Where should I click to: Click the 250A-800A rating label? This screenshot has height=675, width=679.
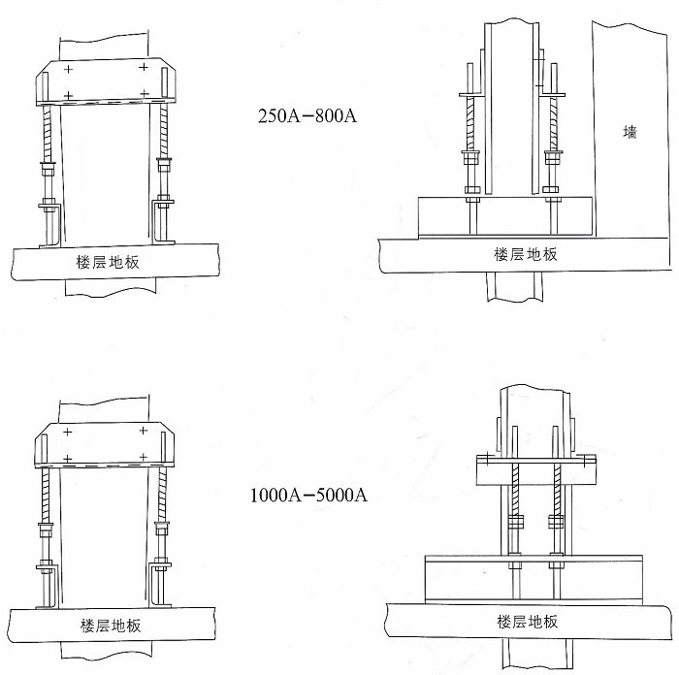coord(307,116)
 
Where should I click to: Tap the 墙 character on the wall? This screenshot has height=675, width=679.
coord(630,133)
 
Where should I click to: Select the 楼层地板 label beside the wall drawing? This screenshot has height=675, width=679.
coord(526,254)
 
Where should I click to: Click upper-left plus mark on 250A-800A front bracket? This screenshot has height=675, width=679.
coord(68,70)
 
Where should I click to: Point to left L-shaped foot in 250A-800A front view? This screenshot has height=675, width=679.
coord(50,223)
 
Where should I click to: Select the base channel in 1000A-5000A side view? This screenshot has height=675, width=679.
coord(533,580)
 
